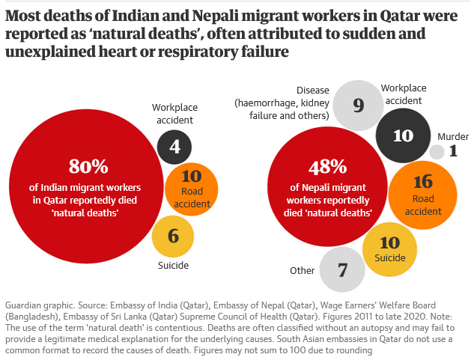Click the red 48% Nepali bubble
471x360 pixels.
pos(328,187)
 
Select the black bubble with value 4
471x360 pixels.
pos(174,147)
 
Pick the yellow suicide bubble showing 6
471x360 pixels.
pos(173,237)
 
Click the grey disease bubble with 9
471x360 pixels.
pos(358,106)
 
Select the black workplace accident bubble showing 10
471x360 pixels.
pos(403,135)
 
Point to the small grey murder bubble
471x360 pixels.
pos(437,152)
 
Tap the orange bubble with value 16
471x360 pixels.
pos(423,189)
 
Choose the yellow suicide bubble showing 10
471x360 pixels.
pos(390,249)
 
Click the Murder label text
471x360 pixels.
pos(453,136)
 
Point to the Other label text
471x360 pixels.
pos(303,270)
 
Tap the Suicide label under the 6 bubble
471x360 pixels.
pos(173,266)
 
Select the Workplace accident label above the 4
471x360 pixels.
pos(173,113)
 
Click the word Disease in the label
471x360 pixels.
pos(313,91)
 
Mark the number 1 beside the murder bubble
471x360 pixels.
pos(453,152)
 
